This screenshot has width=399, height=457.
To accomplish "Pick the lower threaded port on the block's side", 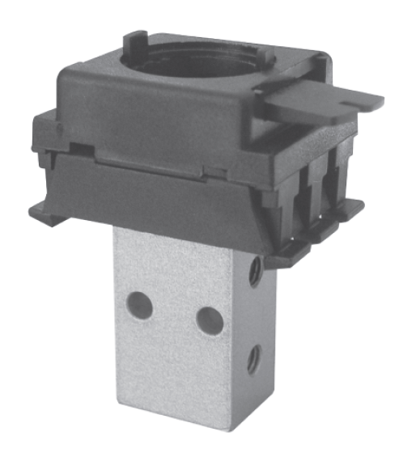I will click(x=253, y=358).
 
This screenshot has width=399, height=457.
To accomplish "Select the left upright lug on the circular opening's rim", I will click(x=135, y=40).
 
